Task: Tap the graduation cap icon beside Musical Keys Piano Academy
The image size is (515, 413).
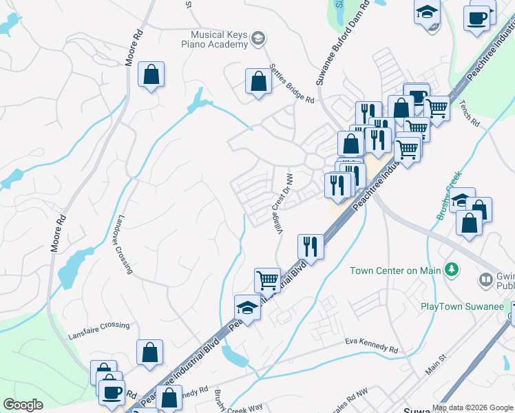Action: [x=258, y=38]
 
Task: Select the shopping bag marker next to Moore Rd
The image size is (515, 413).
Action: [x=151, y=74]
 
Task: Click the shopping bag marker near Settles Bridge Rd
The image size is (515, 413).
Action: [x=257, y=81]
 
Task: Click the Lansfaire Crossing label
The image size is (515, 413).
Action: [x=98, y=326]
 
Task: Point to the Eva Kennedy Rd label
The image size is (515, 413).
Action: [x=372, y=346]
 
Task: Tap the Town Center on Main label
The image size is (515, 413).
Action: [x=395, y=271]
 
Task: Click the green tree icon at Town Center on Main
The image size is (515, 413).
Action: [x=452, y=269]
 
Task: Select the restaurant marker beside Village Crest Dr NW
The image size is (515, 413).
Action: [x=311, y=246]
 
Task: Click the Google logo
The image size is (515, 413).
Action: [x=23, y=405]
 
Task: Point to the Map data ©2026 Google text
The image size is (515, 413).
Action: [x=472, y=407]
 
